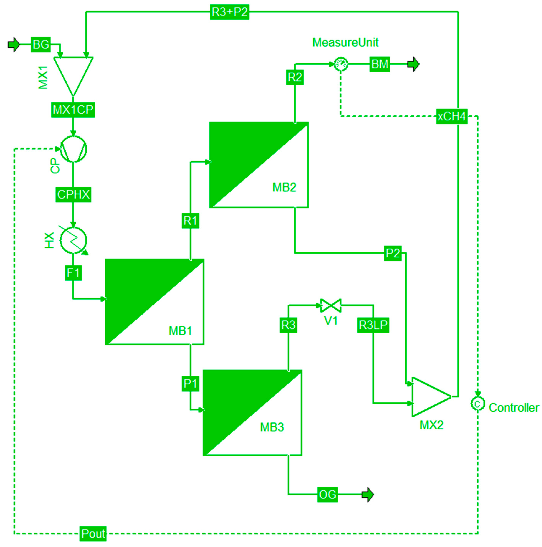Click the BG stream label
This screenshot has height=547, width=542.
41,45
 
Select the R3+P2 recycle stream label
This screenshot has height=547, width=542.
229,12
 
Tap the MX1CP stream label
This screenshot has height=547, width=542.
73,110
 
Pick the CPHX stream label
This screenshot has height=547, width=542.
73,194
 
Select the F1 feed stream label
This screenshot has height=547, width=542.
73,273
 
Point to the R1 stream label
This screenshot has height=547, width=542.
190,221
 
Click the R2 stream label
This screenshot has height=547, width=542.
295,77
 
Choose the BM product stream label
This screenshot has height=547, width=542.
379,64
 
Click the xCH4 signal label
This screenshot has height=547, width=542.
452,116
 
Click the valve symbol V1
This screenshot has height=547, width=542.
331,306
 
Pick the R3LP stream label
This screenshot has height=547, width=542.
373,325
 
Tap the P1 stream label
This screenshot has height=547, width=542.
190,384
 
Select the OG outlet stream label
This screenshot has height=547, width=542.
327,495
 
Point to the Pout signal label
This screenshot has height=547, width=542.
93,534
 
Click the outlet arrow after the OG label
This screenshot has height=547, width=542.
368,495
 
